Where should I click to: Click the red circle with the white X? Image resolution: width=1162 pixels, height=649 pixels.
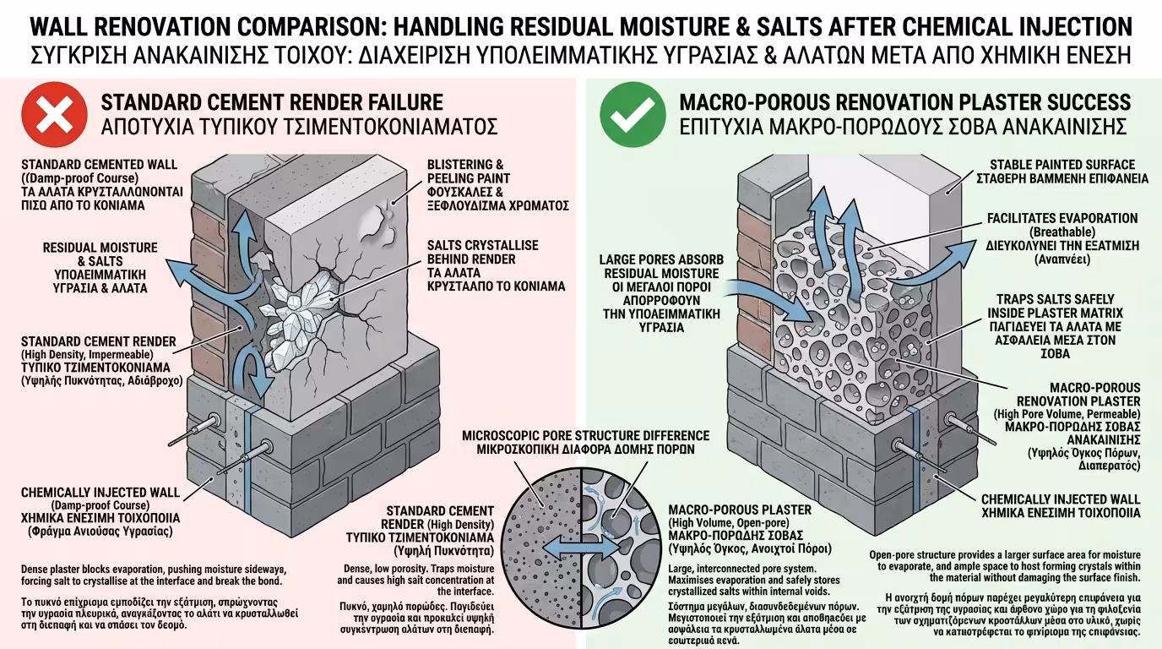(x=54, y=115)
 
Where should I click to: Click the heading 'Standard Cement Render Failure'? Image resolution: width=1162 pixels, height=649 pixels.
(x=272, y=103)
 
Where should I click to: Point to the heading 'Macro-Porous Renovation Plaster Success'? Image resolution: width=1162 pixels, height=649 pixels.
(x=904, y=103)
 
